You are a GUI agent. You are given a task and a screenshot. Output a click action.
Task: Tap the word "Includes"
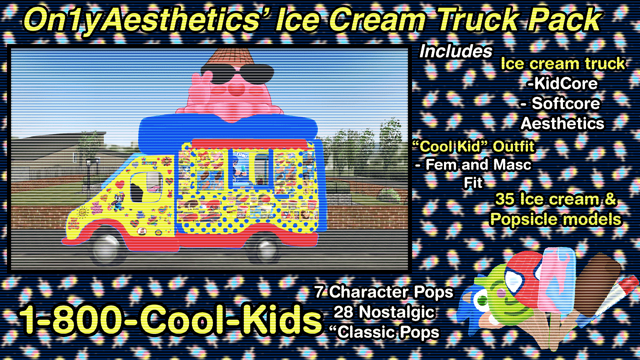[x=456, y=51]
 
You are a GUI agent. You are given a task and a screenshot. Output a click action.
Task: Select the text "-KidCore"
[x=562, y=84]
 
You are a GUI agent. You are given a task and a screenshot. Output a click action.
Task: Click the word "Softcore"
[x=566, y=103]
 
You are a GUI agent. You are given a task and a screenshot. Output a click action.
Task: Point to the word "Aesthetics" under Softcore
[x=562, y=123]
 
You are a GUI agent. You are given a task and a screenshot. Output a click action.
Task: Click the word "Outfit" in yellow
[x=514, y=146]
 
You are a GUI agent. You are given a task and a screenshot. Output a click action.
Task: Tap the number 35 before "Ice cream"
[x=505, y=199]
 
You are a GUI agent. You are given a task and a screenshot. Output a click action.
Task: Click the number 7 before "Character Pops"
[x=319, y=292]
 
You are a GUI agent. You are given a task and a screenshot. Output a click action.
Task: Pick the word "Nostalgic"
[x=397, y=313]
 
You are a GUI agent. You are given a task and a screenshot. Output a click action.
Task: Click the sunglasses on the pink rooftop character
[x=237, y=73]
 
